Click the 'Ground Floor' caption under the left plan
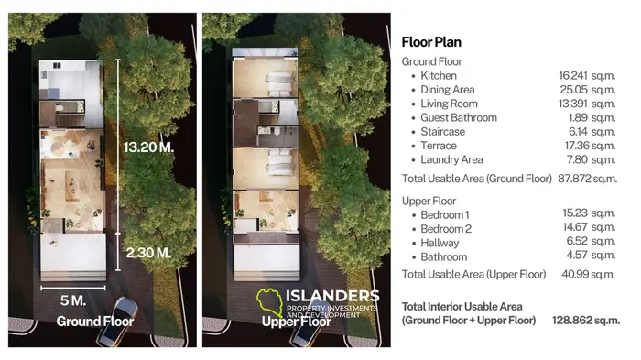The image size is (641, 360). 94,322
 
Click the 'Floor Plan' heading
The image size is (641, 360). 431,42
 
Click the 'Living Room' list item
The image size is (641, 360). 449,104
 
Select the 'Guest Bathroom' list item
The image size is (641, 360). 458,117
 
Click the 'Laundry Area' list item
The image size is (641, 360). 451,159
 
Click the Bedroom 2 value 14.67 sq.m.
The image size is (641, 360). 591,228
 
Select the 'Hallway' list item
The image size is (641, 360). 439,243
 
